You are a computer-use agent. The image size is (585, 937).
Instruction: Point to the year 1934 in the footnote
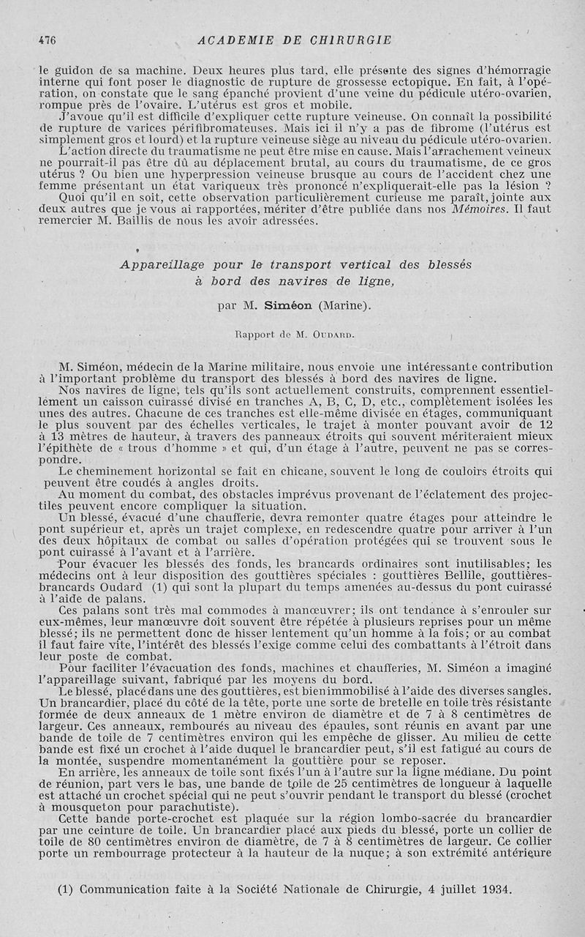493,889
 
